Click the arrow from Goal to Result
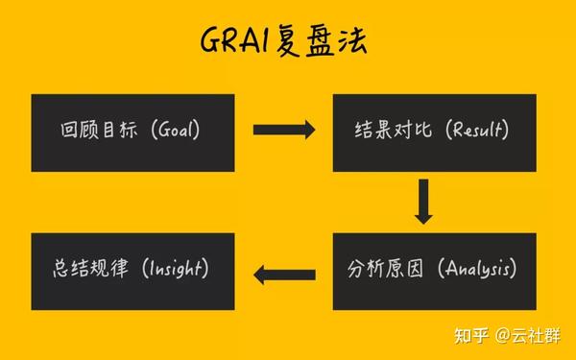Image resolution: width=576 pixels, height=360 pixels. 283,129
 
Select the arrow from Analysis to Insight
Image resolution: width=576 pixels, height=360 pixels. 283,276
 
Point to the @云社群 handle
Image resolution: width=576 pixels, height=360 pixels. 532,335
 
